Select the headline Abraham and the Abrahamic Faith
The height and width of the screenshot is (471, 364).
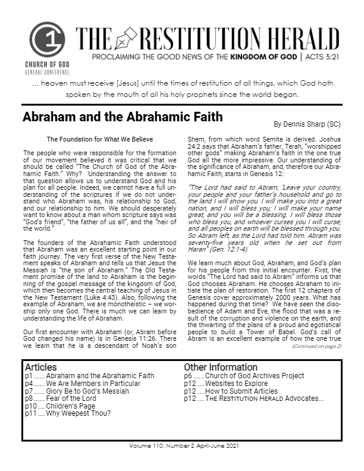coord(123,117)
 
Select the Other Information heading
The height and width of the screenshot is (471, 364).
coord(221,368)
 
